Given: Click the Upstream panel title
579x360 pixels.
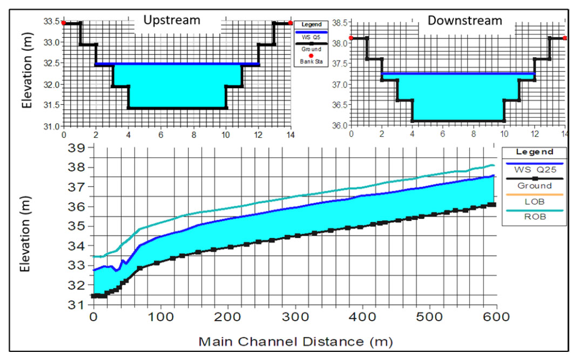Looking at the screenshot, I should [x=172, y=21].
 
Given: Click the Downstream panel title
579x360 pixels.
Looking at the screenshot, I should [x=465, y=21].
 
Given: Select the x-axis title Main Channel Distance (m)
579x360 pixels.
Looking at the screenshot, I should [x=295, y=341].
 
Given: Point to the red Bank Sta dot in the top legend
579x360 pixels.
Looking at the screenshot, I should [x=311, y=56].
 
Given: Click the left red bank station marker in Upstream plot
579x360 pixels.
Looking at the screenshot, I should [x=64, y=23].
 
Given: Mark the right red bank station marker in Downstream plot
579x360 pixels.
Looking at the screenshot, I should [x=565, y=38].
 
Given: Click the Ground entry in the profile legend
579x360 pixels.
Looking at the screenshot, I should [x=533, y=185].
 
